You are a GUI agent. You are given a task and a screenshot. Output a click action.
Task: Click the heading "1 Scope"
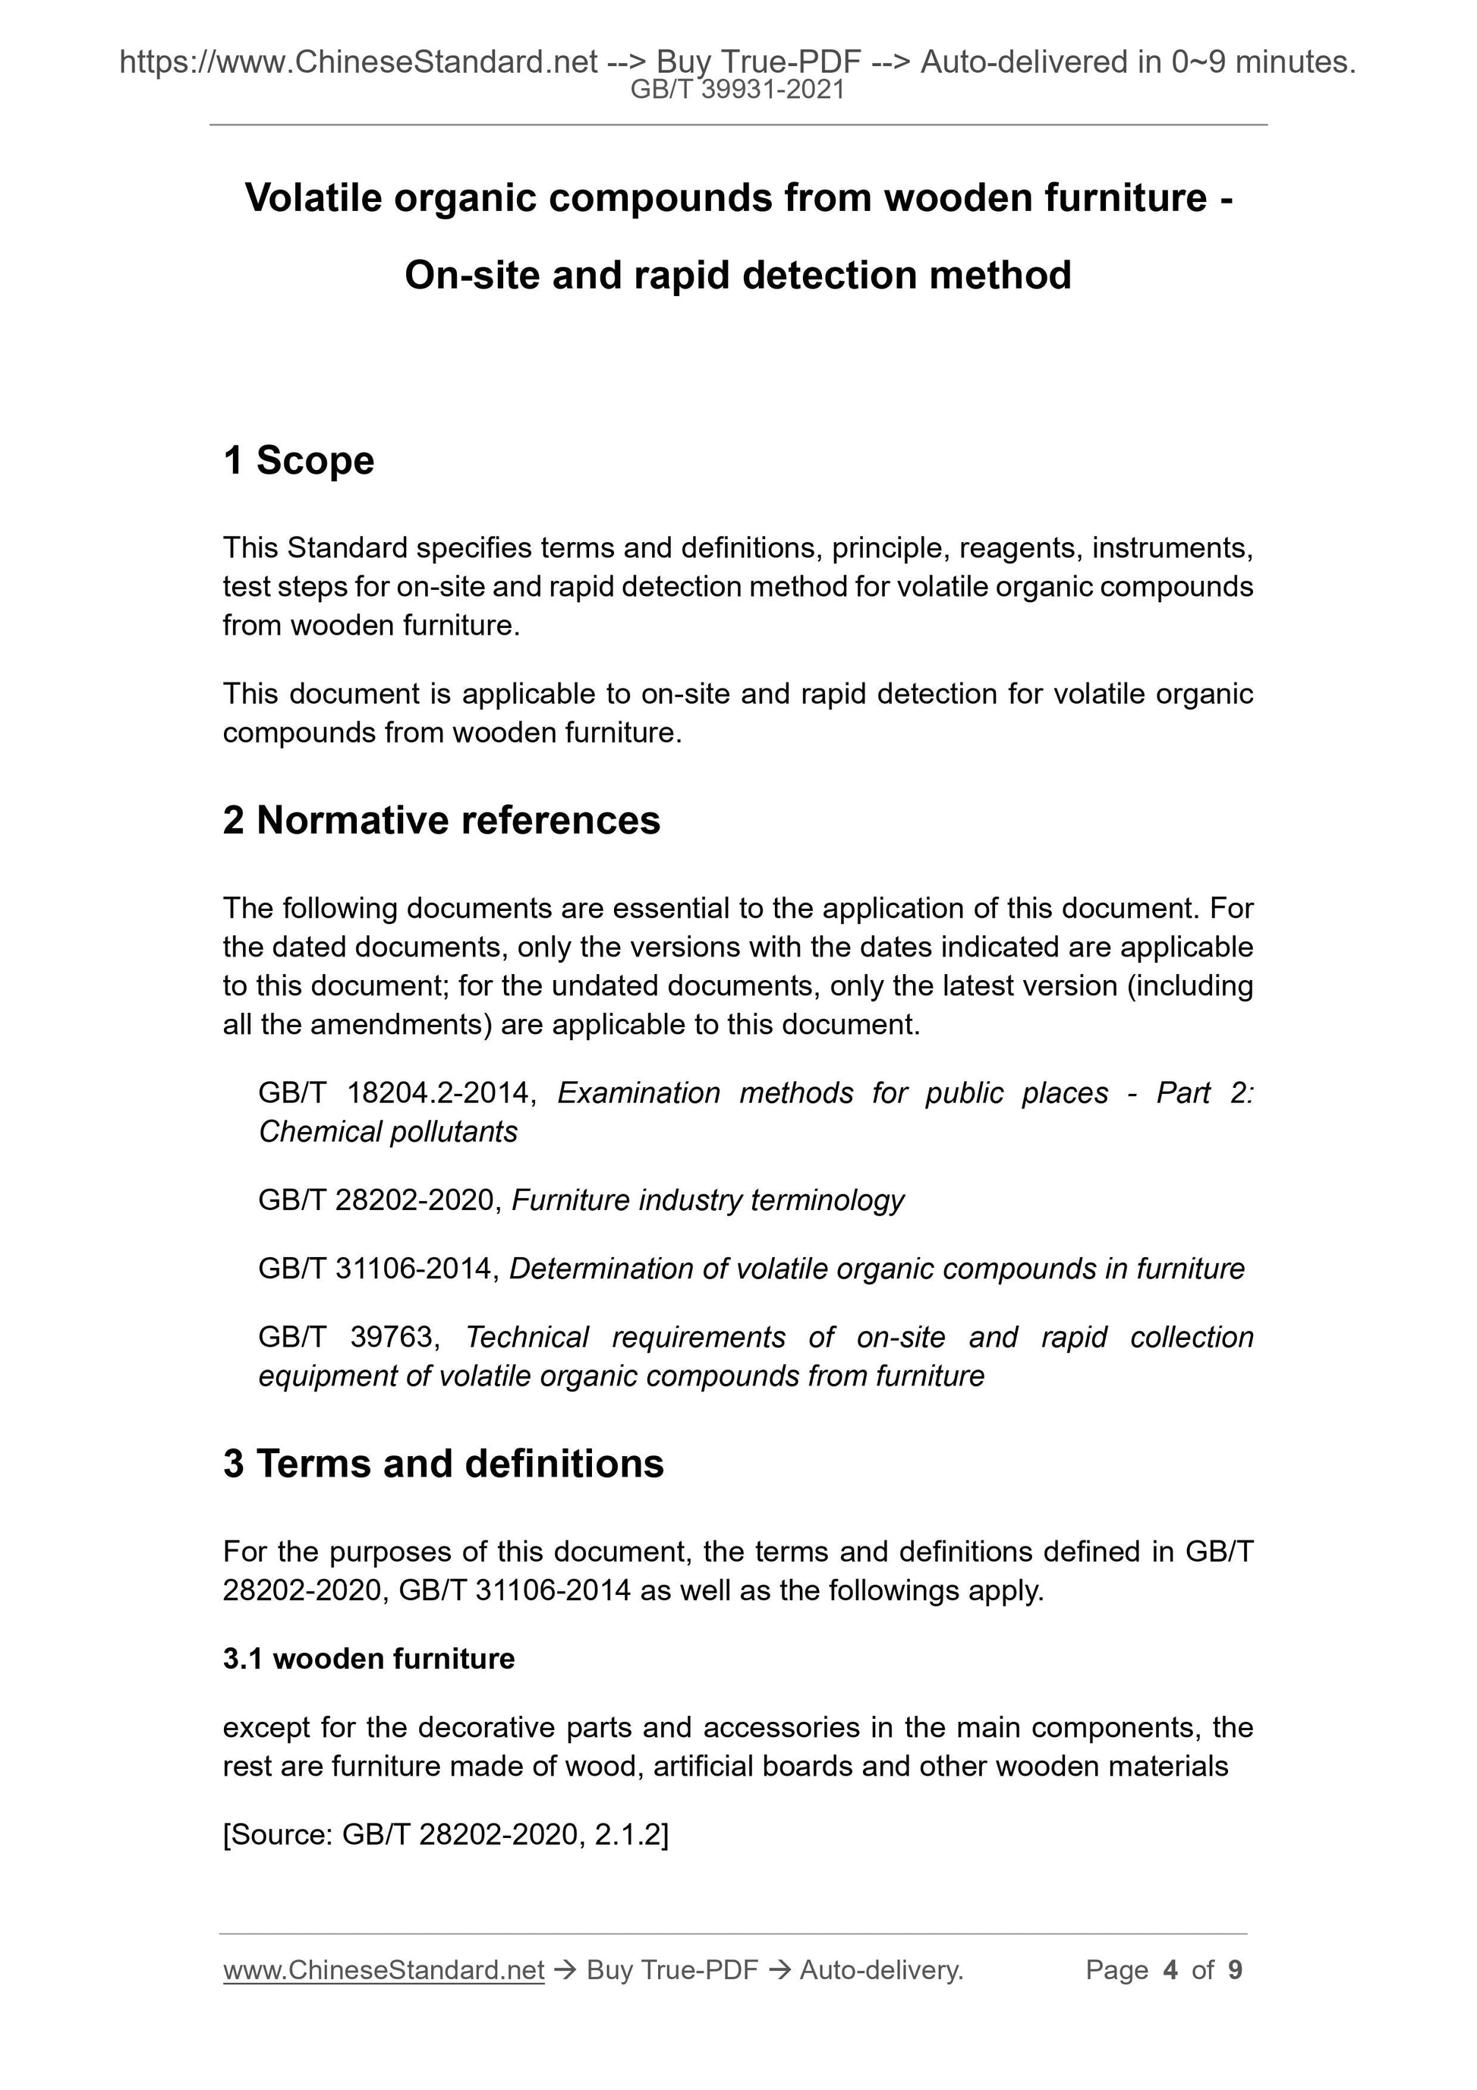pos(298,461)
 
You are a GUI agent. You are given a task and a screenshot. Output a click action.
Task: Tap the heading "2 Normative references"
pos(442,820)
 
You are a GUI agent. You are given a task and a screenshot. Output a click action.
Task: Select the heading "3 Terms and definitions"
pos(443,1464)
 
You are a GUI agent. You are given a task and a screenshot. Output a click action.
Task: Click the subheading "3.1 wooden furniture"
pos(369,1659)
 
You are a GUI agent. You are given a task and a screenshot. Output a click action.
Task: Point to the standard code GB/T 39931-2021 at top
pos(738,90)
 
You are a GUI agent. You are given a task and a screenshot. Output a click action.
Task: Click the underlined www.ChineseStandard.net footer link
pos(383,1970)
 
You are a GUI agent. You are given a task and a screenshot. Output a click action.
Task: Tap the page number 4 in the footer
pos(1170,1970)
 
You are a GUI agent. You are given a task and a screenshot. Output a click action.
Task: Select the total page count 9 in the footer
pos(1235,1970)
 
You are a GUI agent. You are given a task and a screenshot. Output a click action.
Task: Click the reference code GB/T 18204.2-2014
pos(395,1092)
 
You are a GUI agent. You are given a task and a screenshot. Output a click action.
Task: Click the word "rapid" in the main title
pos(683,275)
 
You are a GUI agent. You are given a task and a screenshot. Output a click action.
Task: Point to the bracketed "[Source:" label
pos(278,1834)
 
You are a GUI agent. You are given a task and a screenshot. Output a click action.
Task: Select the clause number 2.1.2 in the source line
pos(631,1834)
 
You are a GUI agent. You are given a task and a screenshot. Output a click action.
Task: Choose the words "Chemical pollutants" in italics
pos(388,1131)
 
